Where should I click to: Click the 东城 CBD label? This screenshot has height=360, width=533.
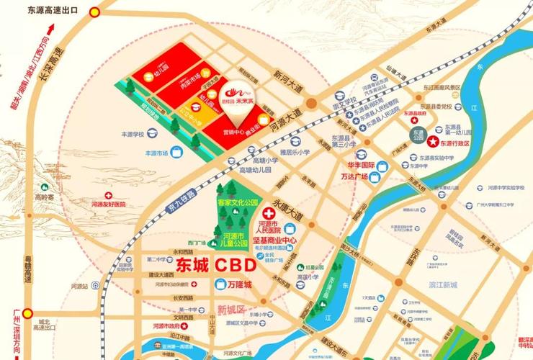point(215,265)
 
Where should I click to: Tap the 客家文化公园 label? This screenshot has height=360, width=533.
point(238,204)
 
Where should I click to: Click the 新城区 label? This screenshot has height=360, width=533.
point(231,309)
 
